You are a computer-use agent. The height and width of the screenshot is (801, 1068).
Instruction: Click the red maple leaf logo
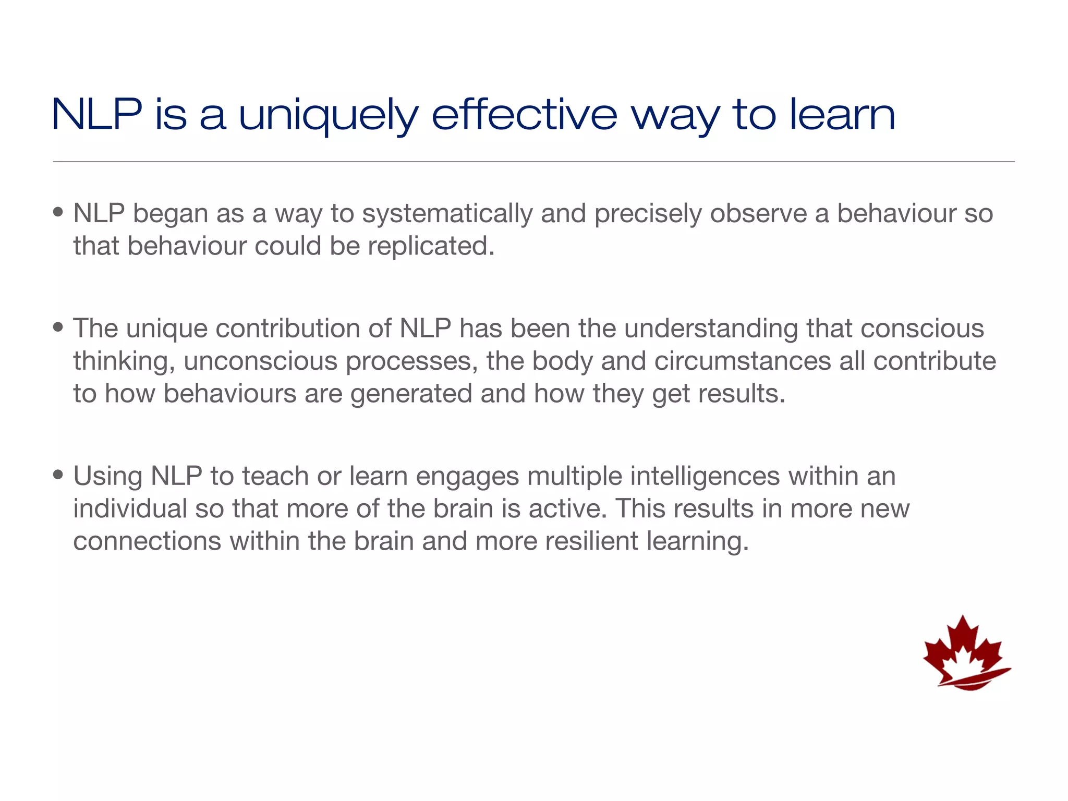pos(966,654)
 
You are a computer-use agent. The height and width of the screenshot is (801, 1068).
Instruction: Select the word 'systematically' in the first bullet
pos(447,214)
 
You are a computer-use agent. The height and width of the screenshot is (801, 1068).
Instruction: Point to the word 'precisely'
pos(648,214)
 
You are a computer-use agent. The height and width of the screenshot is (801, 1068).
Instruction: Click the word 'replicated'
pos(431,246)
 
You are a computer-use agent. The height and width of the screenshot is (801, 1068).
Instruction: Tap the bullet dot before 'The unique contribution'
pos(58,327)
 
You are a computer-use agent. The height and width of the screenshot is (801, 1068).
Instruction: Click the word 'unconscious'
pos(260,361)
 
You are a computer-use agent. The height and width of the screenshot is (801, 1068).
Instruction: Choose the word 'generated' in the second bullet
pos(411,394)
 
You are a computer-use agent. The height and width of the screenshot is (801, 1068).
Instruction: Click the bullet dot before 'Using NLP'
pos(58,475)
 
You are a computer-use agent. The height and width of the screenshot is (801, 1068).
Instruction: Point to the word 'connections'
pos(147,541)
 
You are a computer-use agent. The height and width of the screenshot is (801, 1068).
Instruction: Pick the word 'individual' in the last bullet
pos(130,509)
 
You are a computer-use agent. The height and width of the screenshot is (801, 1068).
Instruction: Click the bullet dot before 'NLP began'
pos(58,212)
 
